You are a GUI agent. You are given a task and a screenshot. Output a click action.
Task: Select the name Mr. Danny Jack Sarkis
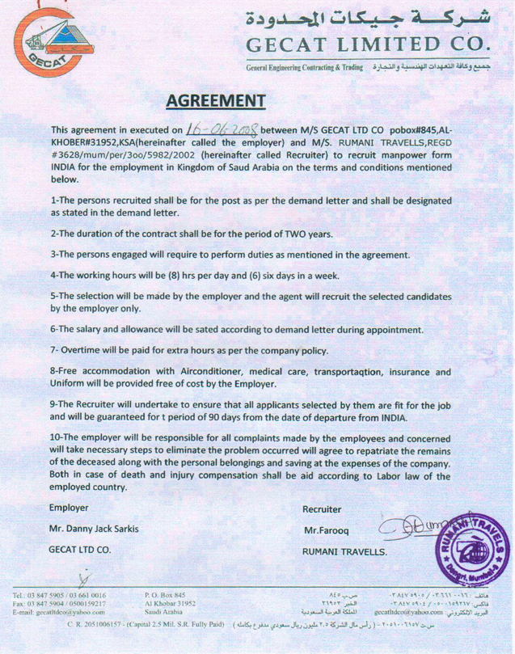(x=93, y=529)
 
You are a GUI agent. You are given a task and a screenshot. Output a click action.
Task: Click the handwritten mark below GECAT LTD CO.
(x=81, y=575)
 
